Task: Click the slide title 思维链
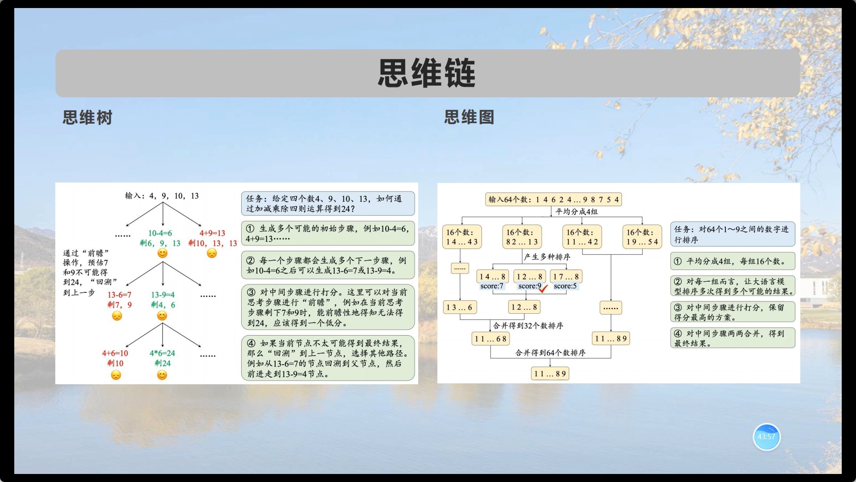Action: click(x=427, y=73)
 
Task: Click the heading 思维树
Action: click(x=87, y=118)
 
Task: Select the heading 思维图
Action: click(x=469, y=117)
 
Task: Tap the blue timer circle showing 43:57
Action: click(x=766, y=437)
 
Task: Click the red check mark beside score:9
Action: click(x=543, y=288)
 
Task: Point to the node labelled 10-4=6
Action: click(x=160, y=233)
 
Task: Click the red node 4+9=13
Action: click(x=212, y=233)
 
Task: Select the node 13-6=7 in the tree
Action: click(x=119, y=295)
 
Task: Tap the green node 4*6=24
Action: click(x=162, y=353)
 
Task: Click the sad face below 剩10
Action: click(x=116, y=375)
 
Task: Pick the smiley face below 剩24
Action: click(x=162, y=375)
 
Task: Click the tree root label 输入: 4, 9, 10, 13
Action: click(x=162, y=196)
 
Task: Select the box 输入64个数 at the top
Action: click(x=553, y=199)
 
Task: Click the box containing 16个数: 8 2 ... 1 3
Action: click(x=522, y=237)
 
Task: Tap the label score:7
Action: click(x=492, y=286)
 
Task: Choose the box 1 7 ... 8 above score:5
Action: click(x=566, y=277)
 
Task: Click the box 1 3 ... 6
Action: click(x=459, y=307)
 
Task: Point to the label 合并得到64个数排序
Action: click(x=551, y=353)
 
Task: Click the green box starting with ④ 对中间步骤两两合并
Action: click(x=733, y=338)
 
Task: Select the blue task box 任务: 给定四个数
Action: click(x=328, y=204)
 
